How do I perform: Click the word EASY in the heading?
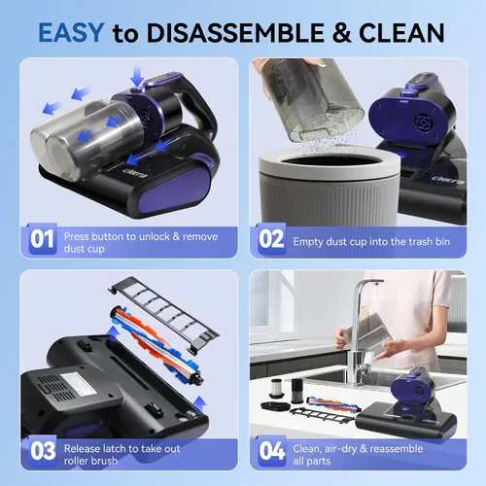[x=71, y=33]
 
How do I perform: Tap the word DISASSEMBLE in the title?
[x=235, y=33]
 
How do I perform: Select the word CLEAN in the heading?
[x=401, y=33]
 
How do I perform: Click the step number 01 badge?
[x=42, y=239]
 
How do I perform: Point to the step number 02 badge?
[x=271, y=239]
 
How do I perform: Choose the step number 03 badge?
[x=43, y=451]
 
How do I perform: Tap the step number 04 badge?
[x=272, y=451]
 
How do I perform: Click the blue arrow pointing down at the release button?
[x=137, y=77]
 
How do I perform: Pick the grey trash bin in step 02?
[x=330, y=187]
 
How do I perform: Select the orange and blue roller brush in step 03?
[x=157, y=346]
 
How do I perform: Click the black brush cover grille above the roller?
[x=164, y=314]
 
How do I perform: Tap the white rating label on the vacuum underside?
[x=78, y=383]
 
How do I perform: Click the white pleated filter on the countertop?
[x=277, y=388]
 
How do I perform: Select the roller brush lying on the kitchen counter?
[x=333, y=403]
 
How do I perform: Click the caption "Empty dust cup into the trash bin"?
[x=371, y=242]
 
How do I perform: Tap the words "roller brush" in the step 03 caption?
[x=90, y=461]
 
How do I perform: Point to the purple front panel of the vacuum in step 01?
[x=177, y=191]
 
